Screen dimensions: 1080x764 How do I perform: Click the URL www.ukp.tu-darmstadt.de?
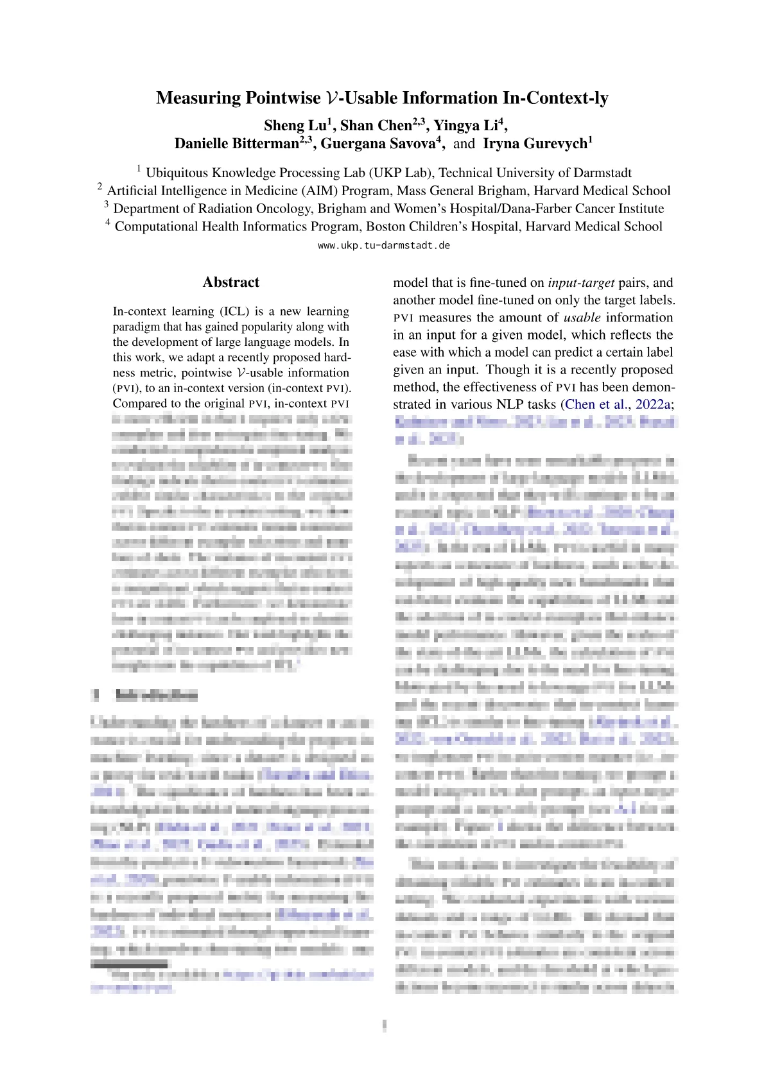[384, 246]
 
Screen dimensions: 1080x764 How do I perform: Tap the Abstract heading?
[231, 282]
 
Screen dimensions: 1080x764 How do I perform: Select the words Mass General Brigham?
[463, 191]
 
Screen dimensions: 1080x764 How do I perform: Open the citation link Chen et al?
[595, 404]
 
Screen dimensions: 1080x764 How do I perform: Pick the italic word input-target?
[581, 282]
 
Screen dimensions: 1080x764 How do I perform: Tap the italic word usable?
[582, 318]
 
